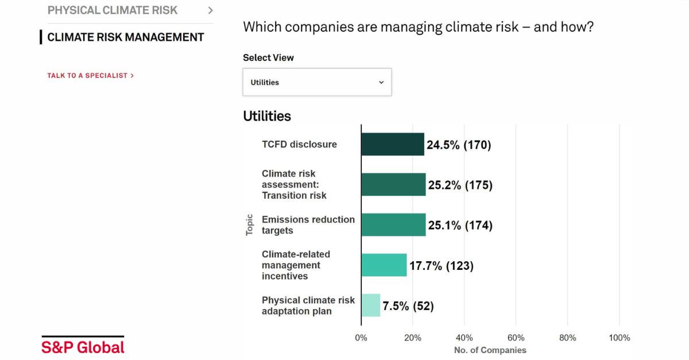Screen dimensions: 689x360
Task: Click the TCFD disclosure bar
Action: click(x=393, y=144)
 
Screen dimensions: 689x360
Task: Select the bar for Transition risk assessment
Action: click(x=394, y=184)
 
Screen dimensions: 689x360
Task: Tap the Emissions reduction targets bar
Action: click(x=394, y=224)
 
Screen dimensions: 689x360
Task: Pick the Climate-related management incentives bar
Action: click(x=384, y=265)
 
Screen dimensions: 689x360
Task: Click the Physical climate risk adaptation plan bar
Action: click(x=371, y=305)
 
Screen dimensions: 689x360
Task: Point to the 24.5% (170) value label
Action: click(x=459, y=145)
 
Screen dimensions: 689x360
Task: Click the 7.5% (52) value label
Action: click(x=408, y=306)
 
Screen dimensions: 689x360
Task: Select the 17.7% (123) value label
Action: click(x=442, y=266)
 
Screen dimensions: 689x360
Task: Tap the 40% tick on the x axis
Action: click(x=464, y=338)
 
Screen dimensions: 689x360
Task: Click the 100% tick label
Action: click(x=619, y=338)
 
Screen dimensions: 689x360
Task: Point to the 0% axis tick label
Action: click(x=361, y=338)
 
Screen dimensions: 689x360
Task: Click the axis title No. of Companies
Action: click(x=490, y=350)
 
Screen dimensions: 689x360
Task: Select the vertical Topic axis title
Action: click(x=249, y=225)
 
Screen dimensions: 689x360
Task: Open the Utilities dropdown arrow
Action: click(x=381, y=82)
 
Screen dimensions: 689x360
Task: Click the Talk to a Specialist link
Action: click(x=91, y=76)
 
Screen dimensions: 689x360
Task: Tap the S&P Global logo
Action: click(x=83, y=345)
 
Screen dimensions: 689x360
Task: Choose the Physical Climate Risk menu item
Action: click(x=113, y=10)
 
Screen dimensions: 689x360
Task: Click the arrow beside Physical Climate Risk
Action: click(x=210, y=10)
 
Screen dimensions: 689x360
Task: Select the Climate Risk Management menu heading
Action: click(x=126, y=37)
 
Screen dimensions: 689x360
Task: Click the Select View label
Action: click(x=268, y=57)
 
